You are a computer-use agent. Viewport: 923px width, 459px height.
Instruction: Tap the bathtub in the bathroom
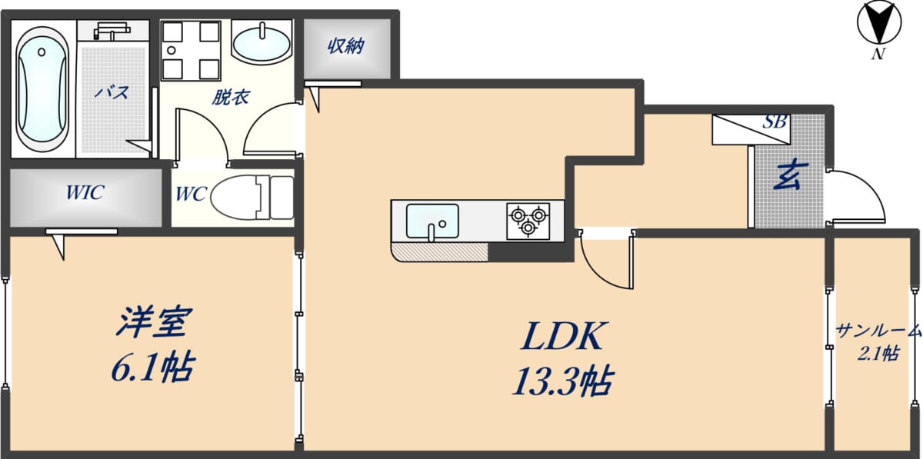[42, 90]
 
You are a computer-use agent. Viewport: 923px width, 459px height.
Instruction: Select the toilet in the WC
[252, 198]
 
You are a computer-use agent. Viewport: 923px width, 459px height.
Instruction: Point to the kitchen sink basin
[432, 221]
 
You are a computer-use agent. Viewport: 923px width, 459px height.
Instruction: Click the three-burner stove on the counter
[528, 221]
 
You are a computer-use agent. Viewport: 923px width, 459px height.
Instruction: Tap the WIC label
[85, 193]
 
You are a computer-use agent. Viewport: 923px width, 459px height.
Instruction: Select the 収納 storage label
[346, 46]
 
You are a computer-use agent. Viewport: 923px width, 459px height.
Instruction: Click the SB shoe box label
[775, 121]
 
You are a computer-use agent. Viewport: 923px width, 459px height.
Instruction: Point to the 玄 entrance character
[791, 175]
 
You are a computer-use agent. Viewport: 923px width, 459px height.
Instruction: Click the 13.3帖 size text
[563, 381]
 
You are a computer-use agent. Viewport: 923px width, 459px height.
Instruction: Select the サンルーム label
[878, 331]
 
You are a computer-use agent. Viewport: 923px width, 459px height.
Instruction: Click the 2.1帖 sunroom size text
[878, 354]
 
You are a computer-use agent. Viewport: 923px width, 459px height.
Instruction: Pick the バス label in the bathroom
[112, 92]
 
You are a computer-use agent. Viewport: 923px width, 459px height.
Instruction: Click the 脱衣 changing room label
[231, 97]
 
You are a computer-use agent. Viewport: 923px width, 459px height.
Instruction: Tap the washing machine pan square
[191, 50]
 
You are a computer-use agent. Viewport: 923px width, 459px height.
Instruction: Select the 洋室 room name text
[155, 321]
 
